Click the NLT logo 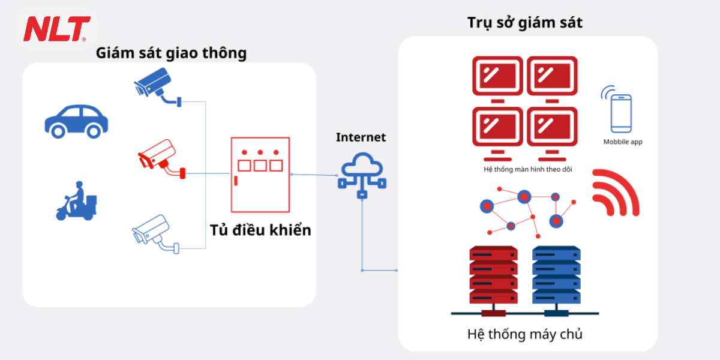pos(56,28)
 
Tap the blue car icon pos(76,120)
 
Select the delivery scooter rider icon pos(76,200)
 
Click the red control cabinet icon pos(260,174)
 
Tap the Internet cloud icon pos(362,172)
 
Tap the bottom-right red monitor pos(552,127)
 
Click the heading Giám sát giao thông pos(171,53)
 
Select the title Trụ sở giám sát pos(525,23)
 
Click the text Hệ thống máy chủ pos(524,334)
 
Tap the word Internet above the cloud pos(361,137)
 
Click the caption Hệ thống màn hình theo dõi pos(527,169)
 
